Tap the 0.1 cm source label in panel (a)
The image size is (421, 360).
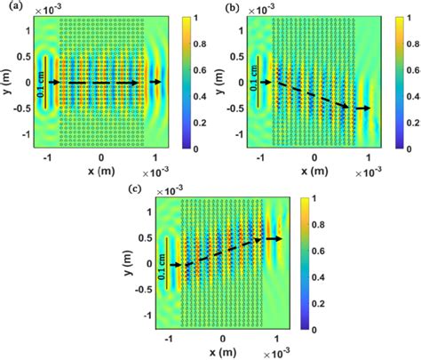pyautogui.click(x=41, y=83)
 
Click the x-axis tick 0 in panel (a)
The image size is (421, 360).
pyautogui.click(x=100, y=157)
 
